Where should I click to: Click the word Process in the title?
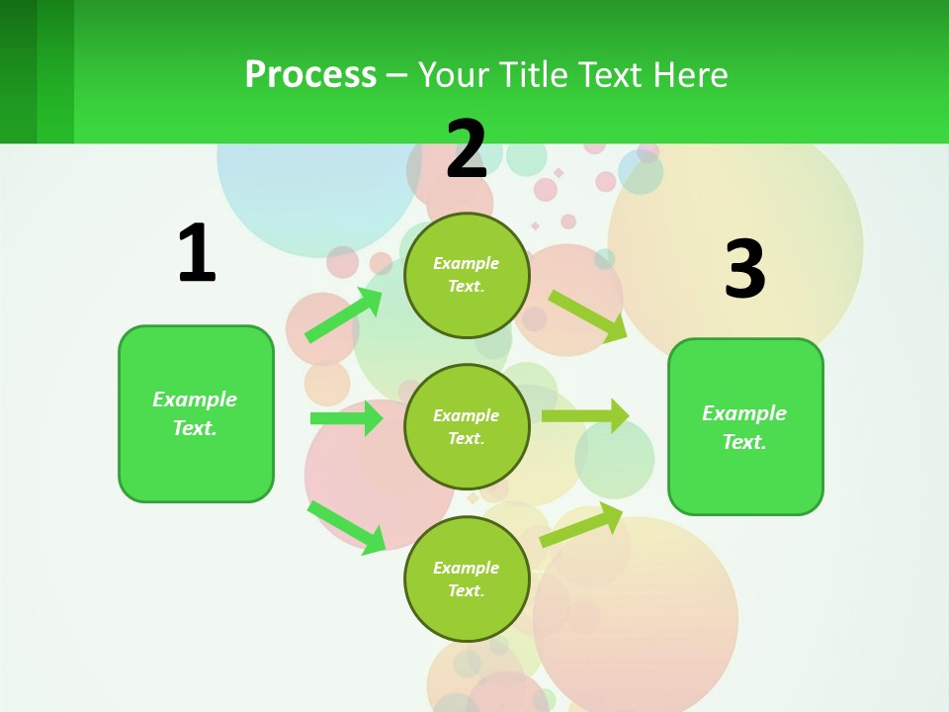pyautogui.click(x=310, y=74)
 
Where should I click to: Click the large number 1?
pyautogui.click(x=196, y=253)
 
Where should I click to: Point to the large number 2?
pyautogui.click(x=467, y=149)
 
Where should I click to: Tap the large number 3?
pyautogui.click(x=744, y=269)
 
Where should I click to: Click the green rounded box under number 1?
pyautogui.click(x=196, y=413)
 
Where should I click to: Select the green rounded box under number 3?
pyautogui.click(x=745, y=427)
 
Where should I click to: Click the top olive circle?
pyautogui.click(x=467, y=275)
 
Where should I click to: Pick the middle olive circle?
pyautogui.click(x=467, y=426)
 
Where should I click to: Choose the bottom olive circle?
pyautogui.click(x=467, y=578)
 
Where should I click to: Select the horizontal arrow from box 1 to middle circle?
pyautogui.click(x=346, y=418)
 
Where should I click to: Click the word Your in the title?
pyautogui.click(x=454, y=74)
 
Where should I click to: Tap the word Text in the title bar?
pyautogui.click(x=612, y=74)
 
